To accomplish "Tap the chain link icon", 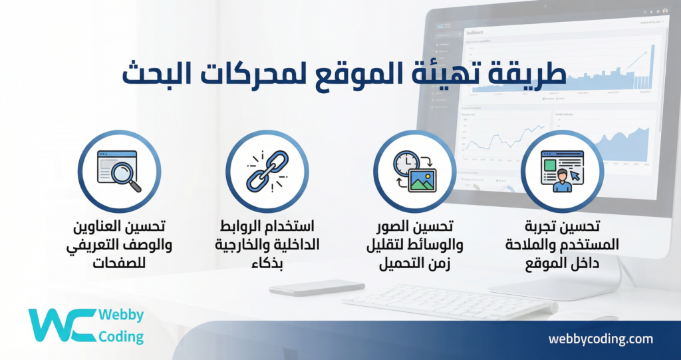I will pos(267,171).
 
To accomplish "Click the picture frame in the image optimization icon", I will pos(422,180).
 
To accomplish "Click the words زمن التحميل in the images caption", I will pos(414,263).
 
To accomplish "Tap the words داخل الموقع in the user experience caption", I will pos(562,263).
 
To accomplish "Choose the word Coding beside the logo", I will pos(120,337).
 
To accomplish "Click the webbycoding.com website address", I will pos(600,339).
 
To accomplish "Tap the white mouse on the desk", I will pos(317,287).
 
